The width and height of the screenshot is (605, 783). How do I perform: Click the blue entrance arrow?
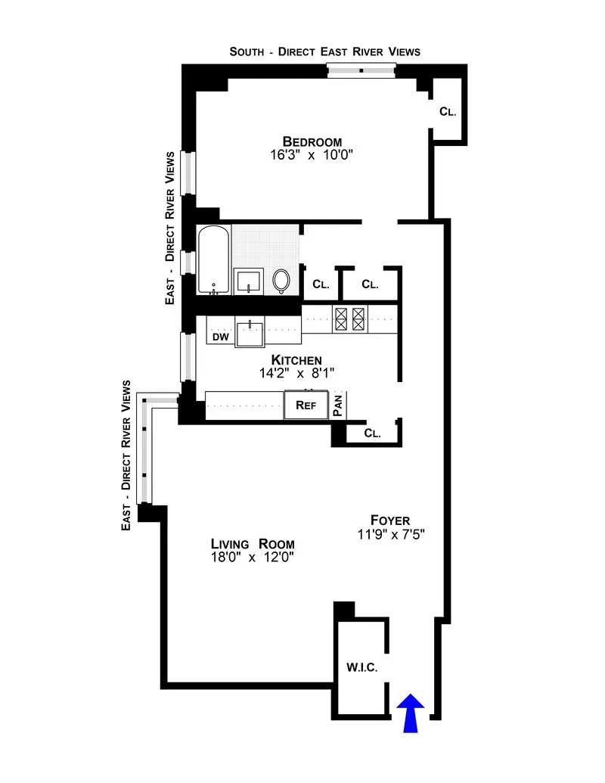[411, 713]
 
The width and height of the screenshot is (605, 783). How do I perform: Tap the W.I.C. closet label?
[361, 667]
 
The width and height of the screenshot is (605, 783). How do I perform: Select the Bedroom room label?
[312, 141]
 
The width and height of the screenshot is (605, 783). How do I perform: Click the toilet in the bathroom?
[281, 281]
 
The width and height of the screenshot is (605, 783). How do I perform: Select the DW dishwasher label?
[220, 337]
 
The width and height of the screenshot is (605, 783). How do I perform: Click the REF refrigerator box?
[306, 405]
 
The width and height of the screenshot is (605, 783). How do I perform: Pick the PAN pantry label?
[338, 405]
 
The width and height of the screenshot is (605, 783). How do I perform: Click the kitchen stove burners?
[350, 318]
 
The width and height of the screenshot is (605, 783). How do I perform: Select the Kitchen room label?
[297, 359]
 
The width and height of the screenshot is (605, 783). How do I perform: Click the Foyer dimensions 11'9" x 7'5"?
[389, 534]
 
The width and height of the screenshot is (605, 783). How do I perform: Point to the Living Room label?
[252, 544]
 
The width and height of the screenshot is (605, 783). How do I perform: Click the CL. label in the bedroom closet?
[448, 112]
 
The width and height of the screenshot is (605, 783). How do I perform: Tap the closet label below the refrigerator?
[371, 433]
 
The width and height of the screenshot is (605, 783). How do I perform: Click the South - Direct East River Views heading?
[324, 51]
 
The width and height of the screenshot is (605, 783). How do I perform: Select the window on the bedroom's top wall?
[361, 70]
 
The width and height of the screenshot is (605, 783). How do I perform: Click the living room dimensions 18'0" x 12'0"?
[252, 558]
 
